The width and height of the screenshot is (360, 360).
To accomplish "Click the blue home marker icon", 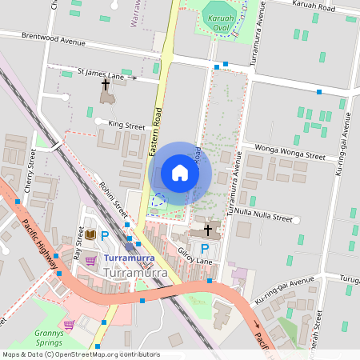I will pyautogui.click(x=180, y=173).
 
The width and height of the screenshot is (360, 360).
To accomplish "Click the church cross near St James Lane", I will pyautogui.click(x=105, y=84).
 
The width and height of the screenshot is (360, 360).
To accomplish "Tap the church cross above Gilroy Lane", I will pyautogui.click(x=208, y=230).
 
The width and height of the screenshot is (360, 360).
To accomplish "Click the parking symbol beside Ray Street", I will pyautogui.click(x=104, y=234).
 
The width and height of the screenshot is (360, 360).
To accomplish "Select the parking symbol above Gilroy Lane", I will pyautogui.click(x=204, y=249).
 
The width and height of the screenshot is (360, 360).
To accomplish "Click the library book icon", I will pyautogui.click(x=90, y=234).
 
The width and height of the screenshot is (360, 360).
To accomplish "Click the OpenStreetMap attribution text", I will pyautogui.click(x=81, y=354).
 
